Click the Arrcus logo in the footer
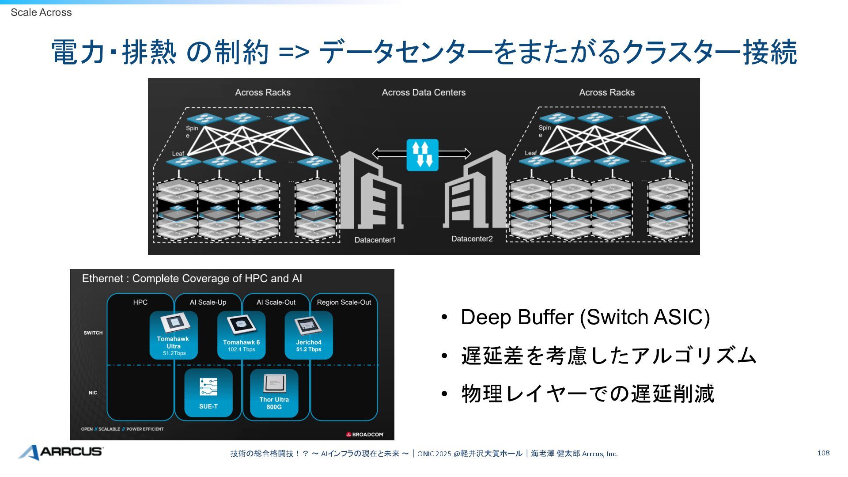(x=61, y=452)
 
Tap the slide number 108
(x=823, y=453)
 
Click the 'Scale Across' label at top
(x=41, y=12)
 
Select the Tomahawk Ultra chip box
(x=174, y=335)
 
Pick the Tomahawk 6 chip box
(x=241, y=335)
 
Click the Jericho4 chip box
(x=309, y=335)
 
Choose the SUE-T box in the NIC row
(x=208, y=393)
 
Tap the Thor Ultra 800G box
(x=274, y=393)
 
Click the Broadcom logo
(x=365, y=435)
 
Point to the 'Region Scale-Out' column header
(x=344, y=302)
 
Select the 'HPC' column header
(x=140, y=302)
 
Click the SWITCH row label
(x=93, y=333)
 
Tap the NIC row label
(x=93, y=393)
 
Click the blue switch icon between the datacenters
(x=422, y=155)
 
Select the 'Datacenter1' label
(x=375, y=240)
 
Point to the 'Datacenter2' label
(x=472, y=239)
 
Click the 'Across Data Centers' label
(x=424, y=92)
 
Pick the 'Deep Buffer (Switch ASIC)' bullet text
(x=585, y=317)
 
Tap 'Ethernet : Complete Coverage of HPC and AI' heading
(x=192, y=279)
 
